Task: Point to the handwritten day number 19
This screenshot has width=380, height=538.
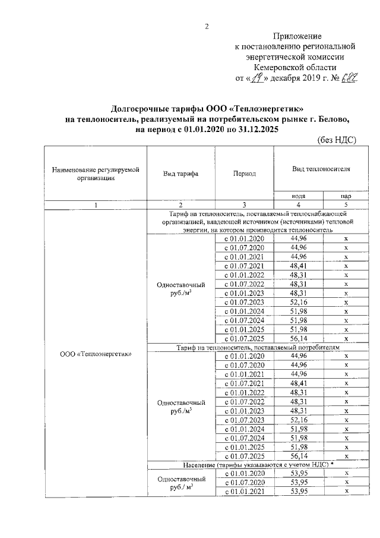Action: (x=257, y=77)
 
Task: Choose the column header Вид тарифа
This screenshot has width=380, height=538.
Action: (x=180, y=174)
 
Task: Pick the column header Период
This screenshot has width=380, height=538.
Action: (x=245, y=174)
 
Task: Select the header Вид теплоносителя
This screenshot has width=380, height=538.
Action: (x=321, y=169)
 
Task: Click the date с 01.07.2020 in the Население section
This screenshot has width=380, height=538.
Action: (x=245, y=482)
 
